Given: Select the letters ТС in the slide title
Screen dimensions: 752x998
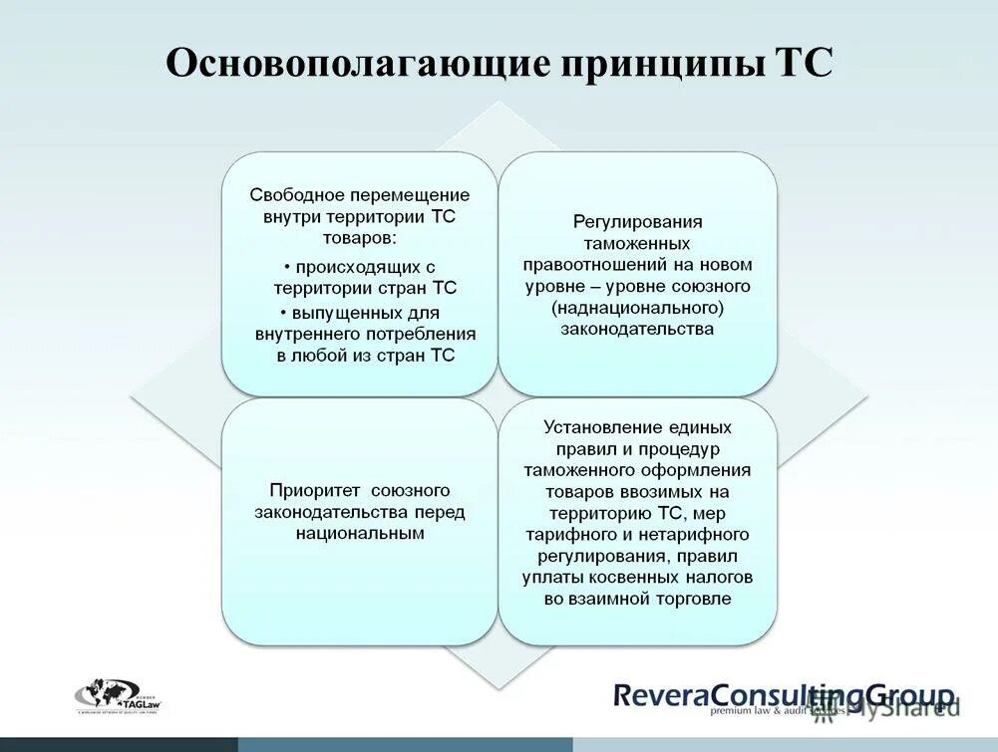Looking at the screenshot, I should (x=804, y=65).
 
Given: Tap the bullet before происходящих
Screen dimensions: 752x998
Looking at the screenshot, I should (x=286, y=268).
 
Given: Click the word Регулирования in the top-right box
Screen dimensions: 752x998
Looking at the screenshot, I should (x=637, y=222).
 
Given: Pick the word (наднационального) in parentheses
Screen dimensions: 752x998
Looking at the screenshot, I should (x=637, y=308).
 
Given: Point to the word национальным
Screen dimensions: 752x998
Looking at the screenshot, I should (x=359, y=534).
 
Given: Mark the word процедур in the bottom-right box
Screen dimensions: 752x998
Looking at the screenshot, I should (x=699, y=449).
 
